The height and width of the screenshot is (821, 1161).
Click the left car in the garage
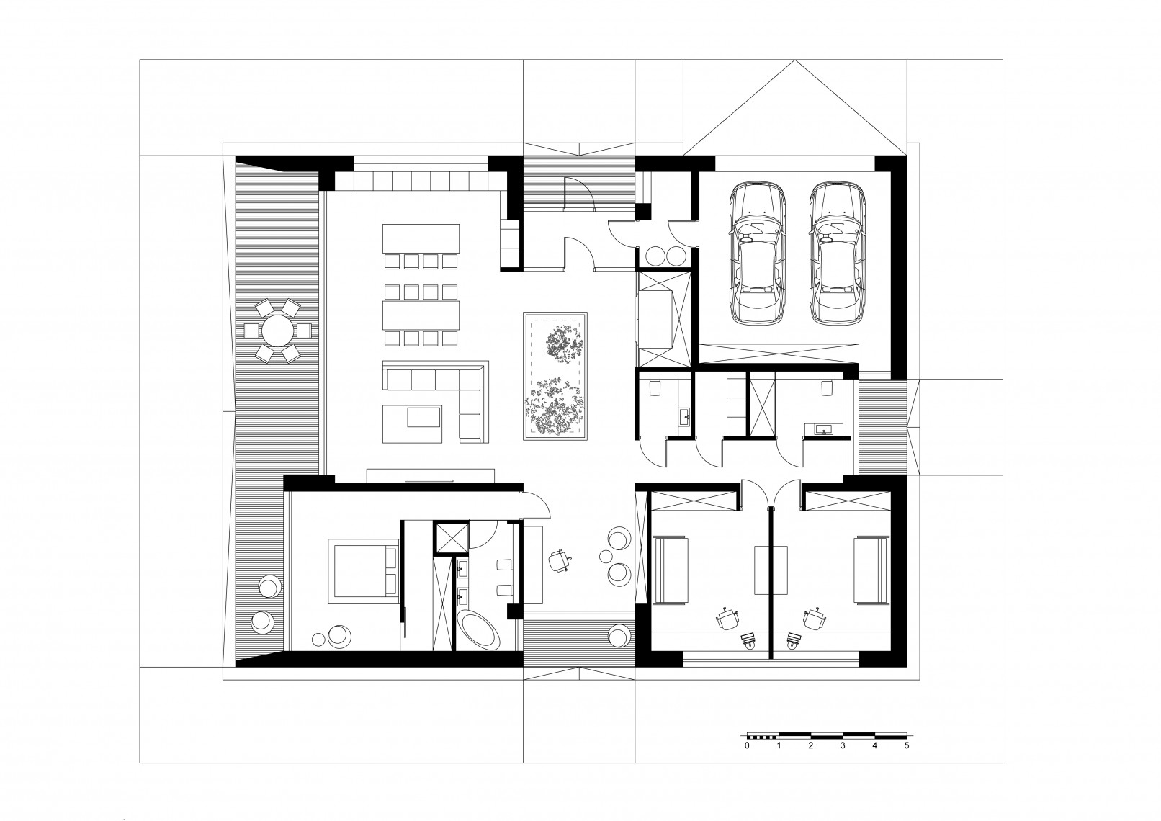(x=757, y=253)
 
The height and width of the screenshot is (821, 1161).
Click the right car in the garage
(x=837, y=253)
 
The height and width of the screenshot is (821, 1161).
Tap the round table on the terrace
(x=278, y=331)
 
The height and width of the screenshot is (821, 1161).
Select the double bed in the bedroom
(x=363, y=570)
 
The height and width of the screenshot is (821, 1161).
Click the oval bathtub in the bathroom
(x=479, y=629)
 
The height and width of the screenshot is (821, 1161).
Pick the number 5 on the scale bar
(x=907, y=761)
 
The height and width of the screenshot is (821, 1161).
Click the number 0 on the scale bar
(x=747, y=761)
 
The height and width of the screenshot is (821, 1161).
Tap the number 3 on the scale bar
(x=843, y=761)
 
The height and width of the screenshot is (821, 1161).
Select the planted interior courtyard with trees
(x=555, y=376)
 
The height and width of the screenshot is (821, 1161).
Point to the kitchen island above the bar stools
(x=421, y=238)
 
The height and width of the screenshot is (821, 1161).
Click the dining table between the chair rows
(x=421, y=315)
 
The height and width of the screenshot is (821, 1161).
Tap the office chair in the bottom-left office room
(x=727, y=619)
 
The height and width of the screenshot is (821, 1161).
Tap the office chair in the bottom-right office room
(x=815, y=619)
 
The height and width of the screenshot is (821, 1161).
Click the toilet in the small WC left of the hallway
(x=653, y=387)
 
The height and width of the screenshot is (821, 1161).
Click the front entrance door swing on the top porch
(x=579, y=194)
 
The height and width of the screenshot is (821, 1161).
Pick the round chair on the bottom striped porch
(x=619, y=635)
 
